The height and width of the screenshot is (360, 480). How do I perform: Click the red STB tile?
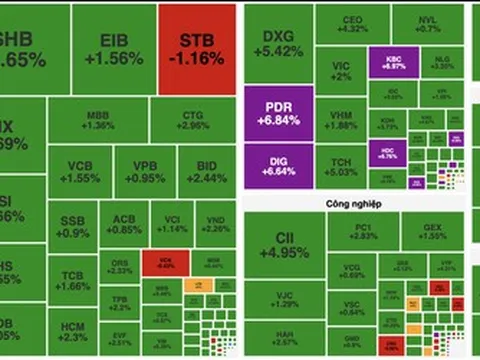click(x=196, y=49)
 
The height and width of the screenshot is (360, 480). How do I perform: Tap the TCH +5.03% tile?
click(x=342, y=167)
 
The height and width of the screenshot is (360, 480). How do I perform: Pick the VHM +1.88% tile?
click(x=342, y=119)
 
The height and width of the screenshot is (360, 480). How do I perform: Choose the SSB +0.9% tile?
click(x=73, y=224)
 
